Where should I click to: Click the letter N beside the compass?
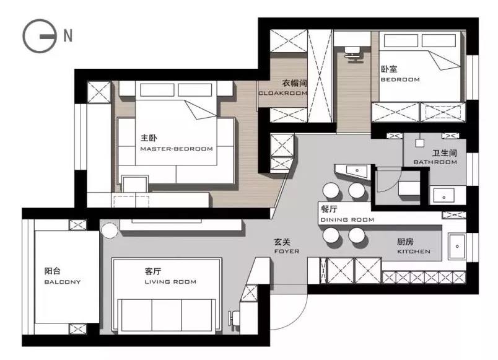68,35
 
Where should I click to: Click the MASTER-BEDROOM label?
177,149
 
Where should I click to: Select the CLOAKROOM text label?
282,93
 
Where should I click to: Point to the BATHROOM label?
435,162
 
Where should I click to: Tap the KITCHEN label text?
414,252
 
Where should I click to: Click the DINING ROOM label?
347,219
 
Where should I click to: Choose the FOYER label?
287,251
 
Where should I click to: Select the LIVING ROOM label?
170,282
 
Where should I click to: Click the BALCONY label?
62,282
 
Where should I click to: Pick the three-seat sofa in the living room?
167,316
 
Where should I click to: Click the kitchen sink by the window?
457,247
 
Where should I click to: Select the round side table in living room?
110,230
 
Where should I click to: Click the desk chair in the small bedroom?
353,54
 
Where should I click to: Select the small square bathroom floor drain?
419,143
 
